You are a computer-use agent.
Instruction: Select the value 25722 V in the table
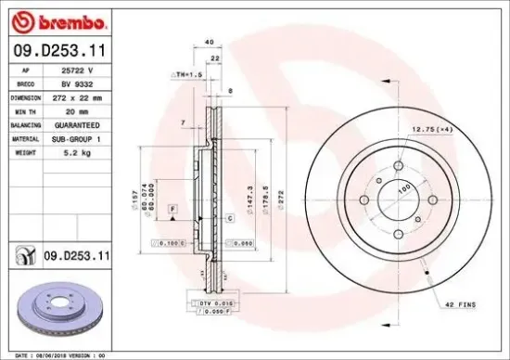coord(65,70)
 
